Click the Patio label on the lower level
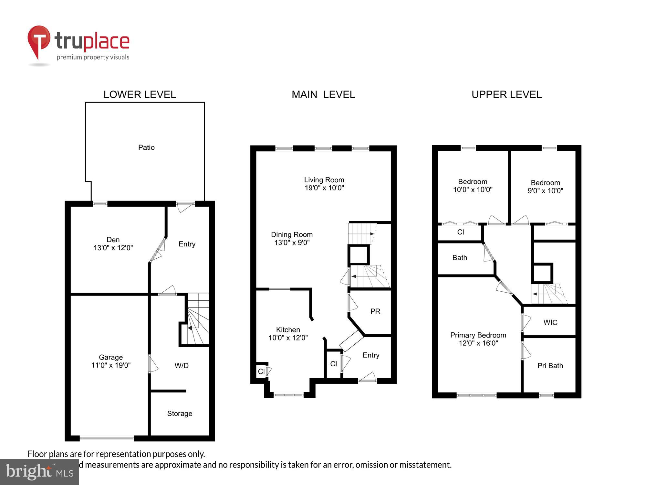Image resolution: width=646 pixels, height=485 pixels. coord(146,147)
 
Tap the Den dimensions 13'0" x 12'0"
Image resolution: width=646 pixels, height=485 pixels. coord(113,248)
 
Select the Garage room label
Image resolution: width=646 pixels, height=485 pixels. coord(111,357)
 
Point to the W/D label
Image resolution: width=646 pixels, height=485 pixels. coord(182,366)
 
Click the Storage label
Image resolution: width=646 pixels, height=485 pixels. coord(180,414)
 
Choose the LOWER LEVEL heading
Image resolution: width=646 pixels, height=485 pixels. coord(140,94)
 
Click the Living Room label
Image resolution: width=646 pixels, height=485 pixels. coord(324,180)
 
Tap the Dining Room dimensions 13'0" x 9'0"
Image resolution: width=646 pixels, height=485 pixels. coord(292,243)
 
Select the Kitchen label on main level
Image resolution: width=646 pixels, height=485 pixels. coord(288,330)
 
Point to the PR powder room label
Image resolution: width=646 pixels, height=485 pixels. coord(375,311)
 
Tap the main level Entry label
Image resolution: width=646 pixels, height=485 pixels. coord(371,355)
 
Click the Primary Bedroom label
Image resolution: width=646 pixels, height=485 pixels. coord(478,335)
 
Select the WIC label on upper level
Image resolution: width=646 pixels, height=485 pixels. coord(550,322)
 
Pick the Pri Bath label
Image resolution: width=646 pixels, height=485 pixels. coord(550,366)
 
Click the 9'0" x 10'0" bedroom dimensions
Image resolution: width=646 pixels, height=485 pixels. coord(545,191)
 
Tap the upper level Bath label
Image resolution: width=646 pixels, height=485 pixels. coord(460,258)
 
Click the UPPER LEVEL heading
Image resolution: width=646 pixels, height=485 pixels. coord(506,94)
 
